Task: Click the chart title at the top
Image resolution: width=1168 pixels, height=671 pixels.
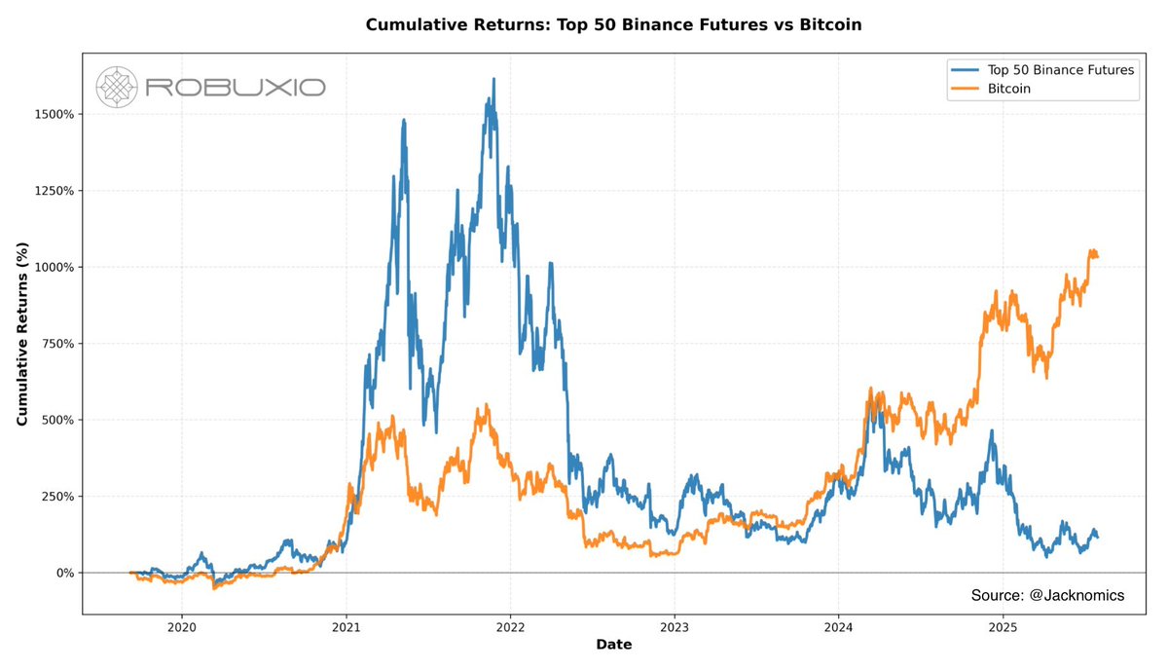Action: (x=613, y=24)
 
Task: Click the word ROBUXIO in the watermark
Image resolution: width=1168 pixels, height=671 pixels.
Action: (x=235, y=88)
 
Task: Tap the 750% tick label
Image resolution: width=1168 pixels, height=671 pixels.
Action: (x=55, y=344)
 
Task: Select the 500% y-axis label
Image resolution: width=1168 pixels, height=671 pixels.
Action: (x=55, y=420)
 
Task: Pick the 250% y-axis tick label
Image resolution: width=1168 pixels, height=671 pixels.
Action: (x=55, y=497)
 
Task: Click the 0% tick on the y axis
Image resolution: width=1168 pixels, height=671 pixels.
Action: (x=60, y=573)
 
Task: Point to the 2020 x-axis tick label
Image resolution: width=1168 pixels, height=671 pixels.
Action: (x=182, y=628)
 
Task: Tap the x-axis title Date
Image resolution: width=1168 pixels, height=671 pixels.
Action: (x=613, y=645)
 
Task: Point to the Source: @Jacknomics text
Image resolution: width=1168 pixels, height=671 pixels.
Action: (x=1047, y=594)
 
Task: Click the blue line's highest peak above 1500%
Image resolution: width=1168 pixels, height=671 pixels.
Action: (x=493, y=80)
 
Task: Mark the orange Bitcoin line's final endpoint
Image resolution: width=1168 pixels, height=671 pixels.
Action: (x=1098, y=256)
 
